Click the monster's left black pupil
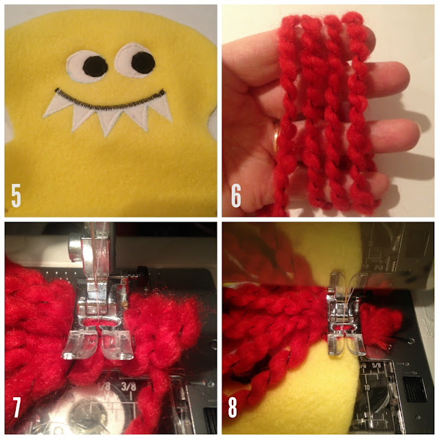pyautogui.click(x=95, y=67)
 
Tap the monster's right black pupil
pyautogui.click(x=143, y=61)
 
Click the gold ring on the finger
pyautogui.click(x=276, y=139)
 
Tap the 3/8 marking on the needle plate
pyautogui.click(x=129, y=387)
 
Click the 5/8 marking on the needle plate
pyautogui.click(x=377, y=366)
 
